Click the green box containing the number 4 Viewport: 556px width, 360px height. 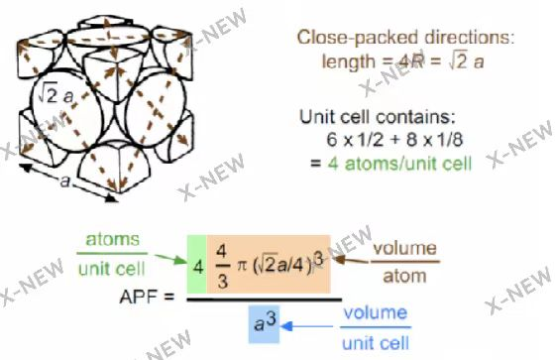tap(197, 264)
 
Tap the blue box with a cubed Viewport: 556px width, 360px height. tap(264, 324)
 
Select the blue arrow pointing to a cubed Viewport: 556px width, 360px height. tap(307, 326)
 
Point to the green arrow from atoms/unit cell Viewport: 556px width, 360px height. tap(170, 259)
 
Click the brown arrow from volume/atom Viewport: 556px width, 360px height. tap(351, 260)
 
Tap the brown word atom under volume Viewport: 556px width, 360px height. tap(404, 276)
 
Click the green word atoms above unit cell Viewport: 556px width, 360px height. tap(112, 239)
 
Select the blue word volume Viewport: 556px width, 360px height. tap(376, 312)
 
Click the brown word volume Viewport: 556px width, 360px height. tap(404, 248)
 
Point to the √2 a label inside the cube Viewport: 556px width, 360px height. tap(56, 94)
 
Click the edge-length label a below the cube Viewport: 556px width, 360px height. tap(65, 181)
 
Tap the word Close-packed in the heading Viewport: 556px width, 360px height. tap(358, 38)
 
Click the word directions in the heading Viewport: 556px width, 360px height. tap(469, 37)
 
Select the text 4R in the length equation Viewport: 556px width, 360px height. tap(410, 61)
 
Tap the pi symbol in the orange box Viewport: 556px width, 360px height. tap(242, 266)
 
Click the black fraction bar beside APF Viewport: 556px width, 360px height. tap(265, 300)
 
